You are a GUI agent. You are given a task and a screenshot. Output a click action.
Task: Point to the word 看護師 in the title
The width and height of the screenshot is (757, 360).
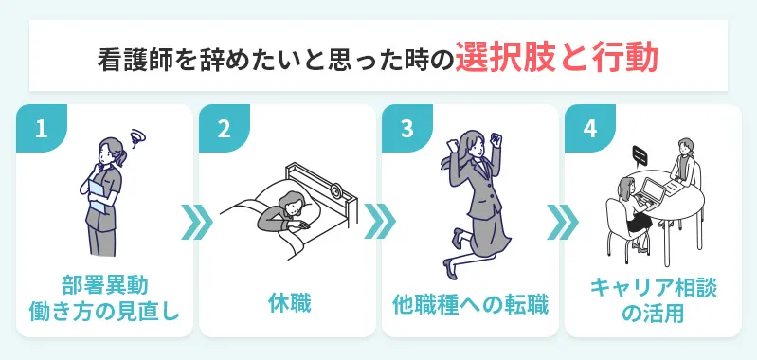pyautogui.click(x=133, y=59)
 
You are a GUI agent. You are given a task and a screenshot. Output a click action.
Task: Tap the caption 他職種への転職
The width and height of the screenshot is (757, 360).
pyautogui.click(x=470, y=304)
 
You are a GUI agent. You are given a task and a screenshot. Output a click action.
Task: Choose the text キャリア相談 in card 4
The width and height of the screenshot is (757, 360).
pyautogui.click(x=653, y=285)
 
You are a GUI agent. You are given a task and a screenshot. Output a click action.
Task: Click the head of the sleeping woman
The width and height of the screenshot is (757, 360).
pyautogui.click(x=291, y=202)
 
